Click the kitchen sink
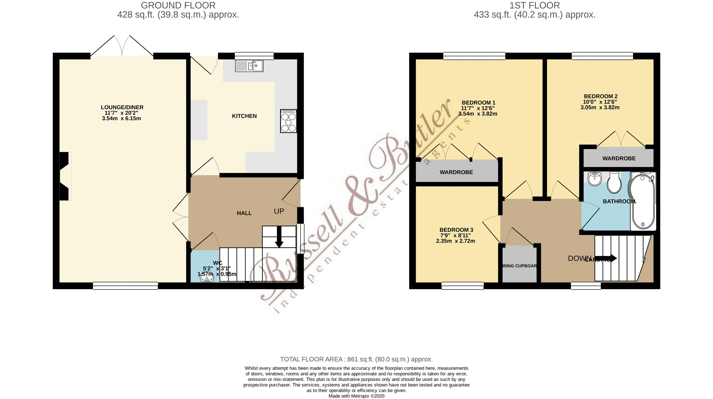(249, 66)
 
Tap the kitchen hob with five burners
(288, 121)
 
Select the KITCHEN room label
(244, 116)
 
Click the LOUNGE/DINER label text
(122, 107)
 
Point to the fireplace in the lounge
(65, 176)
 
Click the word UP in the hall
(279, 211)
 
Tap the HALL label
(244, 213)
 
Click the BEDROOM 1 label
(478, 103)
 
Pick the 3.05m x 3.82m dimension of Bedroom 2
(600, 107)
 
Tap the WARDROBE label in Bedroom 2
(619, 159)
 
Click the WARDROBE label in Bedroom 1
(456, 172)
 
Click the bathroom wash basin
(594, 179)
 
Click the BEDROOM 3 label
(456, 230)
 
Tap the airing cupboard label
(519, 266)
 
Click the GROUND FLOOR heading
(178, 5)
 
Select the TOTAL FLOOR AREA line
(356, 359)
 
